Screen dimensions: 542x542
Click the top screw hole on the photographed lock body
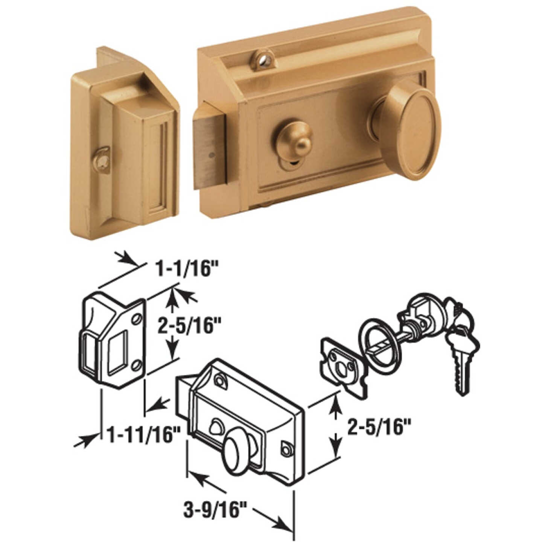(262, 56)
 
